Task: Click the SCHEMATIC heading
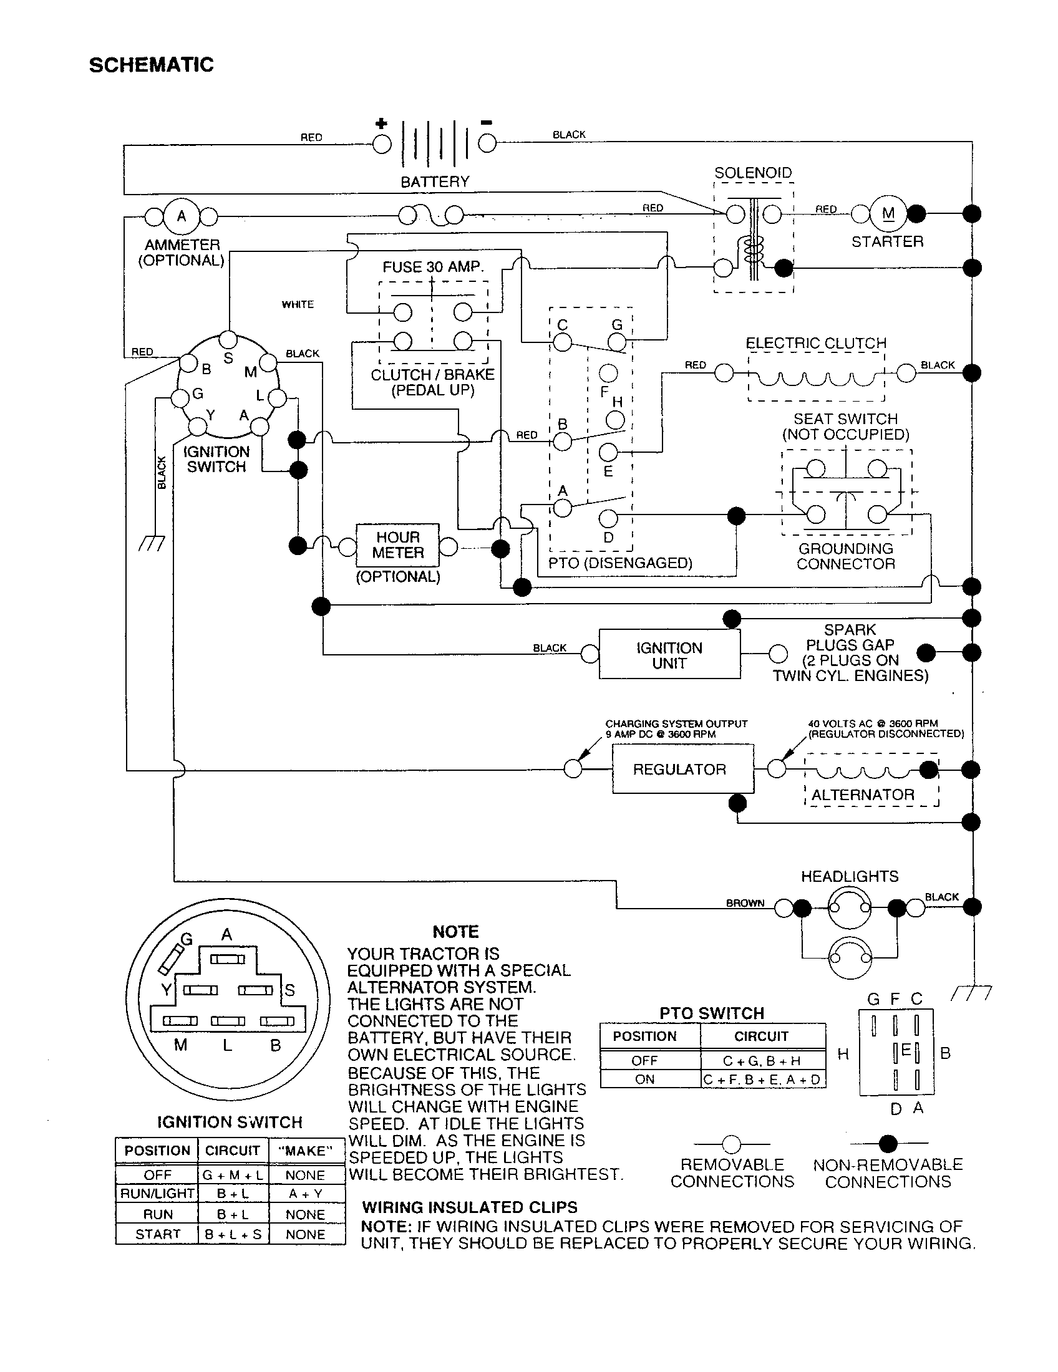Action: coord(151,65)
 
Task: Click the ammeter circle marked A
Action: coord(182,217)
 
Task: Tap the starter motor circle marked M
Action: coord(888,214)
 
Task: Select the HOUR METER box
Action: coord(397,545)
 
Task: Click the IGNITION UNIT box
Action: coord(669,655)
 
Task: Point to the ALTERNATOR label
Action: coord(863,795)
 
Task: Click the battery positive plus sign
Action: coord(381,123)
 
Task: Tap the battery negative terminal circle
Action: coord(487,144)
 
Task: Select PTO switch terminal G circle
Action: coord(618,342)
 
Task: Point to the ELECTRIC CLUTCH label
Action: coord(815,343)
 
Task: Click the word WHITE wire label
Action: coord(297,305)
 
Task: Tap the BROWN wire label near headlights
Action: coord(745,903)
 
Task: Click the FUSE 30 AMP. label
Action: coord(433,267)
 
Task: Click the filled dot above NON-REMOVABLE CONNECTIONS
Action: coord(888,1144)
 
